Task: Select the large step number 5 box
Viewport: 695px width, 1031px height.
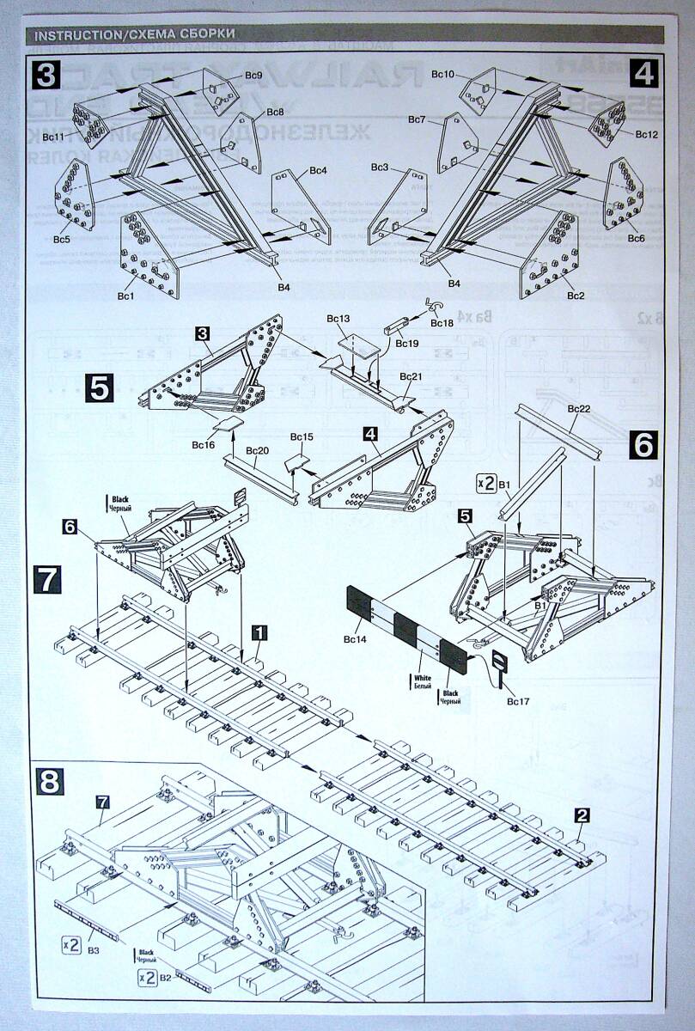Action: [100, 387]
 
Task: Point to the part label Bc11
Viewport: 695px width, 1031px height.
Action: [53, 137]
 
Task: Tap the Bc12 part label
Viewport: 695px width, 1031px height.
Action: [647, 135]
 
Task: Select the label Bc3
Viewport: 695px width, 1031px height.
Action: [380, 167]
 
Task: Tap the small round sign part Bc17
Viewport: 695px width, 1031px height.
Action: [498, 663]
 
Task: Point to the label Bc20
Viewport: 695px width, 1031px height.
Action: [257, 450]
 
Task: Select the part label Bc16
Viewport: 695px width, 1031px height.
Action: [204, 444]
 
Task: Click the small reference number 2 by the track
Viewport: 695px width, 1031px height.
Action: [583, 815]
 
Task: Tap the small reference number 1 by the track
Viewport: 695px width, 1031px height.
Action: [259, 631]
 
